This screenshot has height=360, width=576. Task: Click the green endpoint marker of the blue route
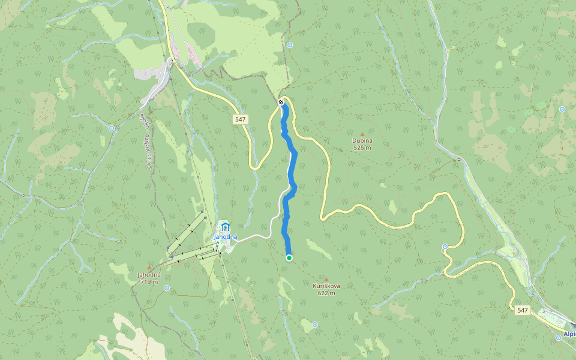289,258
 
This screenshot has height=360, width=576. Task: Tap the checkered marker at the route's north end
281,102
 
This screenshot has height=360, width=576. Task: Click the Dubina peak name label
362,141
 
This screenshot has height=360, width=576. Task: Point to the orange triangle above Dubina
362,134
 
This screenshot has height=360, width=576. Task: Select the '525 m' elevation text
362,148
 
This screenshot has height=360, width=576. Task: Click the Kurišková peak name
326,286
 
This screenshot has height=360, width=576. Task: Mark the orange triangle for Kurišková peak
326,279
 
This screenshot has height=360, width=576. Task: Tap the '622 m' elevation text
326,293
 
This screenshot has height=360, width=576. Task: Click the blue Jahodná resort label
226,236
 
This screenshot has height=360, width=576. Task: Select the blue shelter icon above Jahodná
225,227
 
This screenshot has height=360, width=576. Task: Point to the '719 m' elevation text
149,281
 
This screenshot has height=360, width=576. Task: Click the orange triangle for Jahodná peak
149,268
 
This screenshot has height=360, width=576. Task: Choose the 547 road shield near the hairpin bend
241,119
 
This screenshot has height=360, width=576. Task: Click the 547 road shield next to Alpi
522,310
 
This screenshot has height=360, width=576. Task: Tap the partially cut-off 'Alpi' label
569,334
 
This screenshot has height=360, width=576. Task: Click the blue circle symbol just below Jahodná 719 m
166,288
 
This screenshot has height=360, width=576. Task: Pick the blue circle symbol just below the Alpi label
559,338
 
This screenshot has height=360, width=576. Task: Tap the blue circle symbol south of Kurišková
315,325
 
